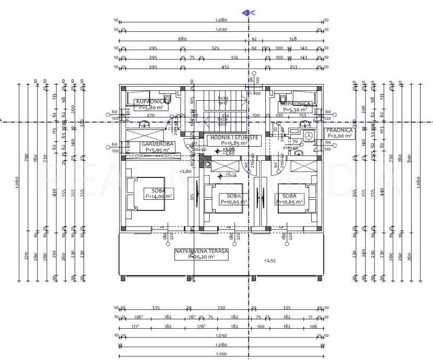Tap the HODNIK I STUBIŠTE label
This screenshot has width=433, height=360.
point(233,137)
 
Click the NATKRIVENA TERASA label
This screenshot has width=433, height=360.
point(202,251)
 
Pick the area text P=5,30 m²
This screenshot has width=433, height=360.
point(295,110)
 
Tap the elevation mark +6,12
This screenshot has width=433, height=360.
point(230,175)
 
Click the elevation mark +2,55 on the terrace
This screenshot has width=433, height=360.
point(270,260)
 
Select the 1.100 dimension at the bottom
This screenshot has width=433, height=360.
point(221,354)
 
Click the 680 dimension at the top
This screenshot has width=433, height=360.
point(182,39)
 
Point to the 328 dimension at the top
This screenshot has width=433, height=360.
point(292,39)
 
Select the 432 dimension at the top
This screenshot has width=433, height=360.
point(225,67)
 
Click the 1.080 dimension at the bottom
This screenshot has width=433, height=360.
point(221,345)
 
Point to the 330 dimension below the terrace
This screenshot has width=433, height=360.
point(221,308)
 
